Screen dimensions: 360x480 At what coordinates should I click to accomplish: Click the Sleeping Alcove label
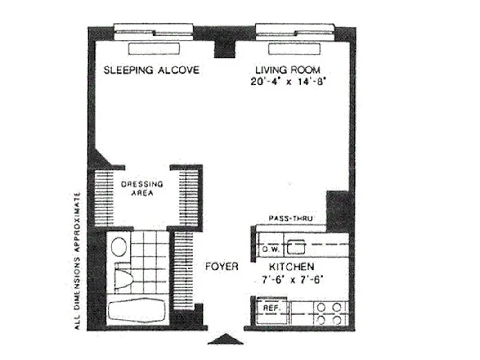151,70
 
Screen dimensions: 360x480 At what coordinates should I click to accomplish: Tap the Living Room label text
288,70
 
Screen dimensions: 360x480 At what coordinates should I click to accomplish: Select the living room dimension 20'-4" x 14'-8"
288,82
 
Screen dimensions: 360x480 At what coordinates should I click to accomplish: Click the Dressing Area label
142,189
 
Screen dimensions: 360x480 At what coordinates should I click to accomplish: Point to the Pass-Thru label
291,218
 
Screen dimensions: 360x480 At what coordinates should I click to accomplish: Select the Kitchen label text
292,266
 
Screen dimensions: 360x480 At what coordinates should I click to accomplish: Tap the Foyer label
221,266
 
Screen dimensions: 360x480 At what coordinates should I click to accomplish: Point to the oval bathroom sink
119,247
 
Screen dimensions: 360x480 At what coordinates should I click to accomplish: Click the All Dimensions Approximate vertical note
77,261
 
